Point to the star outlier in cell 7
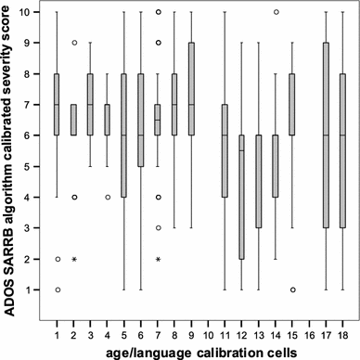tap(158, 259)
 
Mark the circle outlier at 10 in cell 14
tap(276, 12)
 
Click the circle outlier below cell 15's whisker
tap(292, 289)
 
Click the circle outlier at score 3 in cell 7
tap(158, 227)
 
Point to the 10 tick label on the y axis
tap(32, 12)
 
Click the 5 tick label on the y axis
tap(34, 166)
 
